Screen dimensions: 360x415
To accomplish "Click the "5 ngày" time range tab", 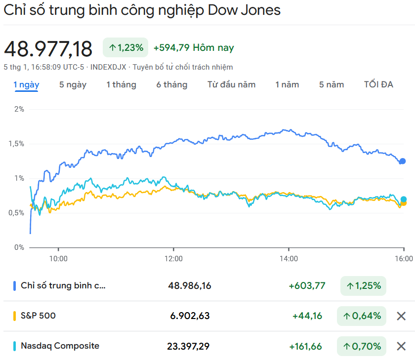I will coord(73,84).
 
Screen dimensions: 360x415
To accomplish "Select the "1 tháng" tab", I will coord(121,84).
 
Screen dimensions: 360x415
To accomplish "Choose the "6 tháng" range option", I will coord(172,84).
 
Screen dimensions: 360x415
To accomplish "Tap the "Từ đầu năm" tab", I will coord(231,84).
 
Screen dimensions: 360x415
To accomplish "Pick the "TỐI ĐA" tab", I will coord(378,84).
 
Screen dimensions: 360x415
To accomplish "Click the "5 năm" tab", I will coord(332,84).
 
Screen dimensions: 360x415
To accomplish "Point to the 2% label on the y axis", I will coord(19,109).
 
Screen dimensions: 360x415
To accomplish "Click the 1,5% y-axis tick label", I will coord(16,144).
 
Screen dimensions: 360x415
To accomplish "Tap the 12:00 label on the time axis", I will coord(173,258).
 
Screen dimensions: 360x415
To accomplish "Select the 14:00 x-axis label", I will coord(289,258).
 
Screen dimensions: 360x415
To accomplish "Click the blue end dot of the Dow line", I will coord(402,161).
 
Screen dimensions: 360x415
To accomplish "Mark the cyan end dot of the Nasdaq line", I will coord(404,200).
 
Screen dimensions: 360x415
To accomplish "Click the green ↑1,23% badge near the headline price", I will coord(125,48).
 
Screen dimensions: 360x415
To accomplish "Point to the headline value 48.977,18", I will coord(48,49).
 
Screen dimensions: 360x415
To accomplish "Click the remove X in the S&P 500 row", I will coord(401,316).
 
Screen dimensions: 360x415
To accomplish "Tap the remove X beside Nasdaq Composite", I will coord(401,346).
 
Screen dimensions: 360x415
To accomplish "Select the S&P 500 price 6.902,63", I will coord(189,316).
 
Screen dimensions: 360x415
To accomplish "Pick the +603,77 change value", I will coord(307,285).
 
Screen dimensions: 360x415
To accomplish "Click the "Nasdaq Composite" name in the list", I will coord(60,346).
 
